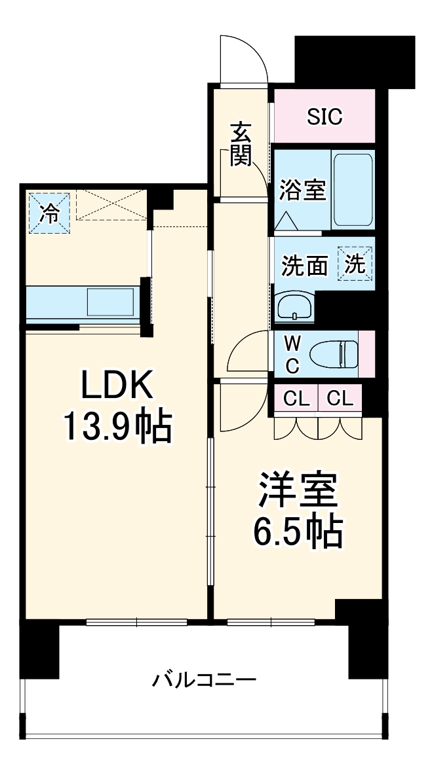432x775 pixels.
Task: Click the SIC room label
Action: click(324, 117)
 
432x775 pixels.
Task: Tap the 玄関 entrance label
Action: click(240, 145)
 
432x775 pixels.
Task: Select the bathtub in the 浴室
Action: click(353, 189)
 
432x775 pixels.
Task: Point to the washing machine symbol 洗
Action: click(355, 264)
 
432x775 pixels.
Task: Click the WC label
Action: click(292, 354)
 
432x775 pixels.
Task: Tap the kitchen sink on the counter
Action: click(111, 302)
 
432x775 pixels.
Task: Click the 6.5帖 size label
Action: click(296, 533)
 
